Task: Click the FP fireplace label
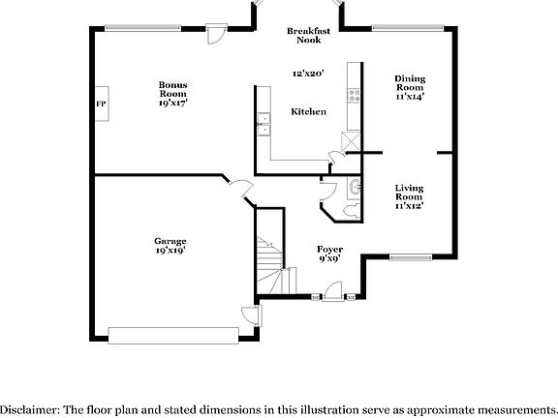pos(100,103)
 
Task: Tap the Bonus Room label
pos(173,92)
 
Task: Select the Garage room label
pos(170,245)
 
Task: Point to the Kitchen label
pos(308,112)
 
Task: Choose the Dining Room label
pos(410,87)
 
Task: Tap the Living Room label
pos(410,195)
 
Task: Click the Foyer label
pos(330,254)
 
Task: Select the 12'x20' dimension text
pos(308,74)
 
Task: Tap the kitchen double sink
pos(263,124)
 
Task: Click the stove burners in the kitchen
pos(355,96)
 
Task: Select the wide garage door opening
pos(174,335)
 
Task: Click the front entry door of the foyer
pos(332,290)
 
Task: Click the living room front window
pos(411,256)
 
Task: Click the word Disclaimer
pos(28,409)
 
